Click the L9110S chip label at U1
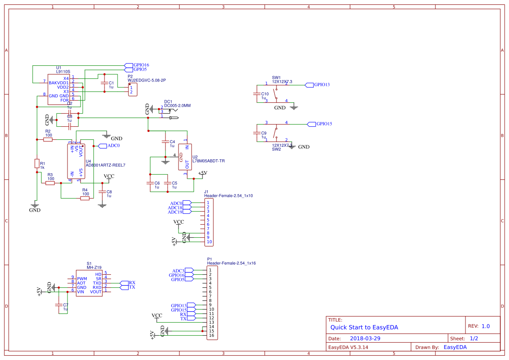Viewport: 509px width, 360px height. click(x=63, y=71)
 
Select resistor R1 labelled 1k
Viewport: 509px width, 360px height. click(x=37, y=163)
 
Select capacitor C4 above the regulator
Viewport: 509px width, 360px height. click(x=165, y=142)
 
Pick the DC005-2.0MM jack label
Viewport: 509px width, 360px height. click(x=177, y=105)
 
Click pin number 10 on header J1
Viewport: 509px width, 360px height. click(x=209, y=242)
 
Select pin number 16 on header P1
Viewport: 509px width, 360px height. click(x=211, y=335)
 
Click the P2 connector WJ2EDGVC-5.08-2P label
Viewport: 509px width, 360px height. click(x=146, y=81)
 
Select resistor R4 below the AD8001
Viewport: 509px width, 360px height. click(x=85, y=198)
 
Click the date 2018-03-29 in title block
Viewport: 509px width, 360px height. click(x=365, y=338)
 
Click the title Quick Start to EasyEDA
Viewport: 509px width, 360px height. click(x=364, y=327)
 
